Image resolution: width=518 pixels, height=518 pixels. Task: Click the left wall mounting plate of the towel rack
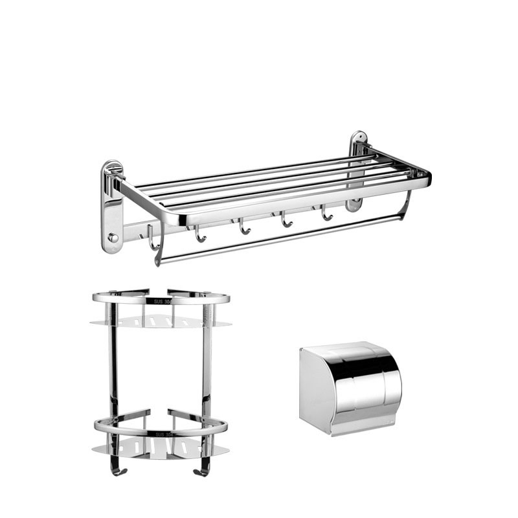click(112, 207)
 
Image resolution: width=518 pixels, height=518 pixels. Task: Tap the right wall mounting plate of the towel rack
click(357, 168)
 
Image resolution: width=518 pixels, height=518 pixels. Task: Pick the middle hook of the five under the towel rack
click(243, 227)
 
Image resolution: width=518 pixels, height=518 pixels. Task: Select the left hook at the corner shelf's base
click(117, 467)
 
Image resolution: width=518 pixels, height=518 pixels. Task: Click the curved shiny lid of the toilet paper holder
click(366, 382)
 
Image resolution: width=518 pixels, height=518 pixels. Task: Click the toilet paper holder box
click(350, 388)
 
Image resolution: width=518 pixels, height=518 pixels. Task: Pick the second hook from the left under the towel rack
click(199, 234)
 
